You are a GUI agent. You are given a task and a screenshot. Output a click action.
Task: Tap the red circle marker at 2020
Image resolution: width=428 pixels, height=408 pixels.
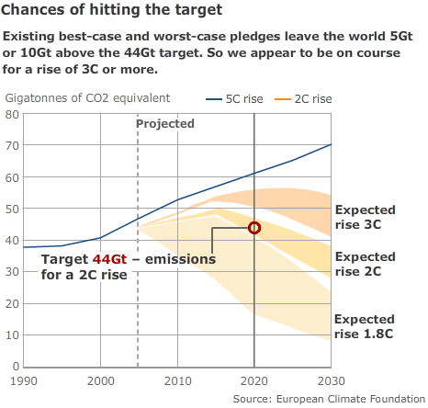254,228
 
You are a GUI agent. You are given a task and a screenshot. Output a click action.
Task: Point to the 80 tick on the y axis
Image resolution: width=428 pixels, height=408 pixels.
12,114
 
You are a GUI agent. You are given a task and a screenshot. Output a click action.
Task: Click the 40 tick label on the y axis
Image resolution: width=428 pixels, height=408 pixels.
12,241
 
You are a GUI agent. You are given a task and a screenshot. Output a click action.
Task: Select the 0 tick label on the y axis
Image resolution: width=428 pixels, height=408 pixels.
15,367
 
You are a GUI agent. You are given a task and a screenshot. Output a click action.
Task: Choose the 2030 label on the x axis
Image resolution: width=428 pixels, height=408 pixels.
331,380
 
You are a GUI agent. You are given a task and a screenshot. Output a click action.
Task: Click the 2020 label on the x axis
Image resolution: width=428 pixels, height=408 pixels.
253,380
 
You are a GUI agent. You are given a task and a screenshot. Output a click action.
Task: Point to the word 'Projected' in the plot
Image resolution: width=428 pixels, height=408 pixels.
165,124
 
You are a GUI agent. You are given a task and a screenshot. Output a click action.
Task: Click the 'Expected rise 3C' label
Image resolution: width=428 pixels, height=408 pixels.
365,217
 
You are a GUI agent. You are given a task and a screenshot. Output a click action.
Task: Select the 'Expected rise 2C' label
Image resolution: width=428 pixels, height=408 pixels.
365,264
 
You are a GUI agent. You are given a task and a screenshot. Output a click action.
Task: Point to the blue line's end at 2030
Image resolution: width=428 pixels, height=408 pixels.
331,144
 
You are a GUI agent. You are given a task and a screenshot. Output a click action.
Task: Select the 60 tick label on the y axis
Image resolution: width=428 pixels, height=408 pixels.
12,177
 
